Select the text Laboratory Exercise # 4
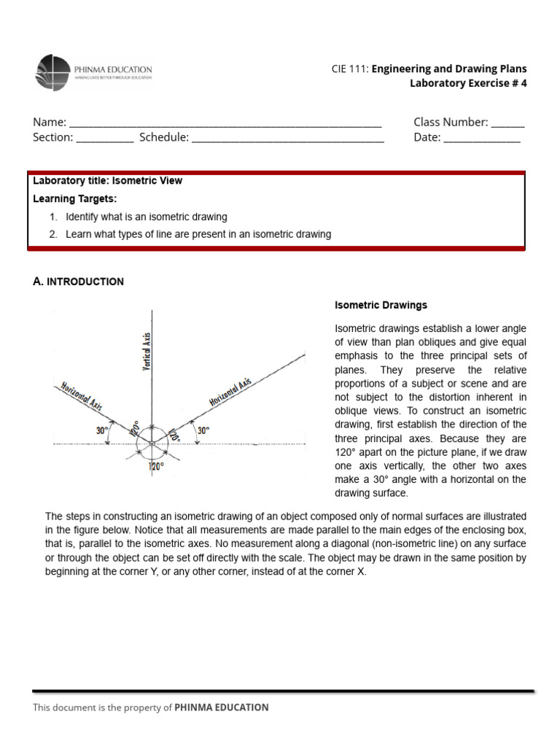[x=467, y=83]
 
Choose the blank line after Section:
[x=104, y=138]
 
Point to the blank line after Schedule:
[x=287, y=138]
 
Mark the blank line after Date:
[x=481, y=138]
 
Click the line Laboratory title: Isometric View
[x=108, y=181]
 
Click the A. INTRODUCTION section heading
[x=79, y=282]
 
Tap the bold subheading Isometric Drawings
[x=381, y=305]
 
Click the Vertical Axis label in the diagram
[x=147, y=351]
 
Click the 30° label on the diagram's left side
[x=102, y=430]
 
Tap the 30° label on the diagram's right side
[x=203, y=430]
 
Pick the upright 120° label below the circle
[x=156, y=466]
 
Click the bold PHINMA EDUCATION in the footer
[x=222, y=707]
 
